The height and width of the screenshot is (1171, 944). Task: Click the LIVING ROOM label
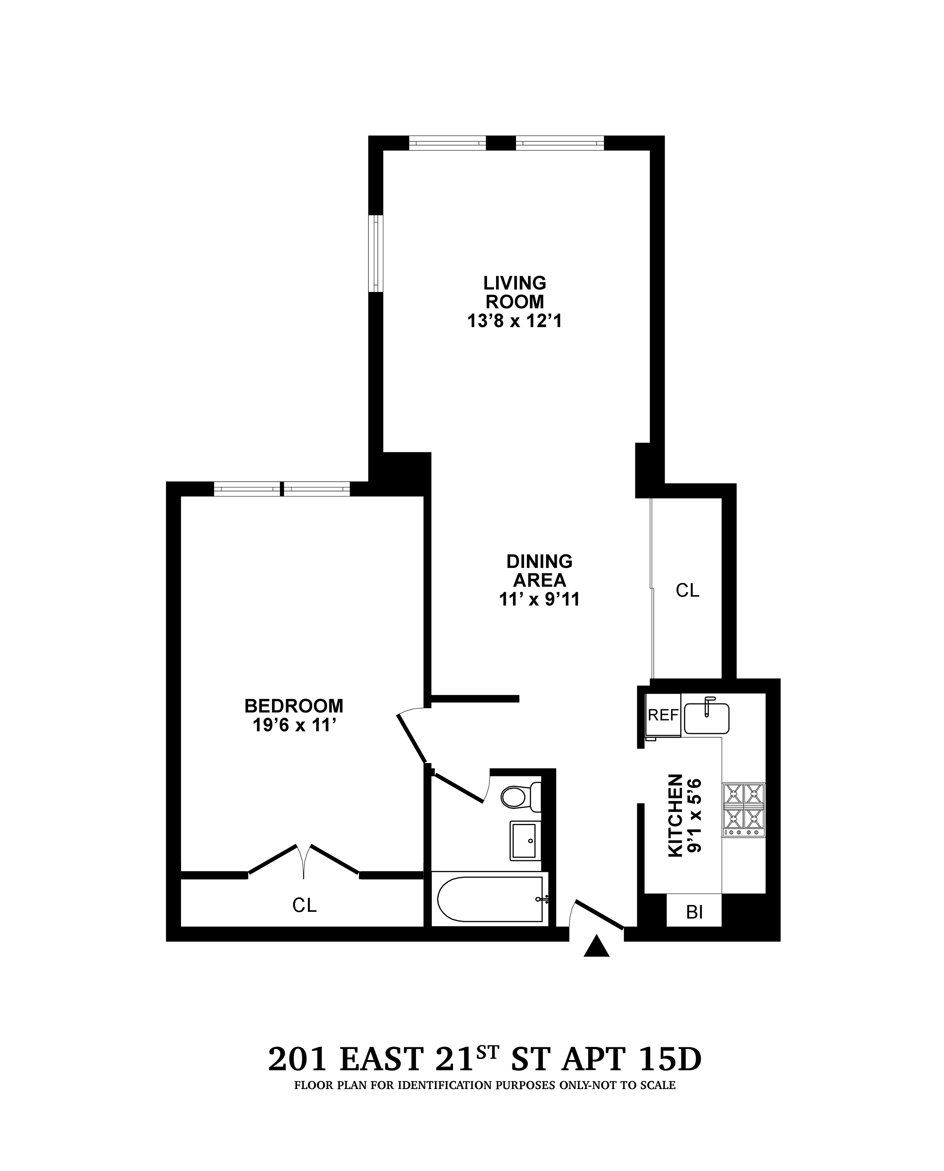pos(514,292)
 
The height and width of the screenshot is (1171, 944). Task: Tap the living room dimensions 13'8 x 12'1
pos(514,322)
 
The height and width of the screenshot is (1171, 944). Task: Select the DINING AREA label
pos(539,571)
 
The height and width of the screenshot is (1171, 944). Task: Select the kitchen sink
pos(706,718)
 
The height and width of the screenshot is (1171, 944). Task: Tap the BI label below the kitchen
pos(694,912)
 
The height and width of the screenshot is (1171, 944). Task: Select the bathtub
pos(489,899)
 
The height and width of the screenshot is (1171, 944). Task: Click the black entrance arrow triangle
pos(597,947)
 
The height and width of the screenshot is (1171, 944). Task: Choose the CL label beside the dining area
pos(687,591)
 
